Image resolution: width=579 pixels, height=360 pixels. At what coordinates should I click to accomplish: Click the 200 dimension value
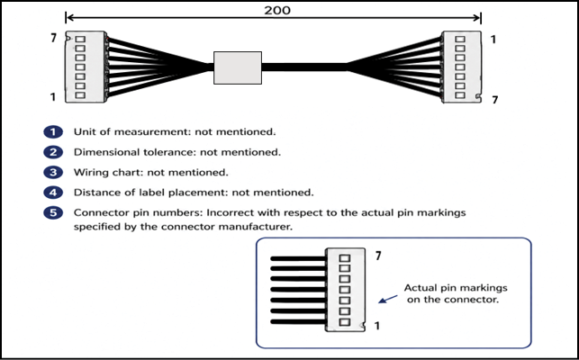[277, 10]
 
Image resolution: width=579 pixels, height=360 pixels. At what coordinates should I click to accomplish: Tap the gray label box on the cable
[238, 67]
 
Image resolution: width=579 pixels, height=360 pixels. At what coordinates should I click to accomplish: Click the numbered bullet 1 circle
[53, 132]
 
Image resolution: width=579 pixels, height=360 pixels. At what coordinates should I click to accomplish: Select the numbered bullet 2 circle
[53, 152]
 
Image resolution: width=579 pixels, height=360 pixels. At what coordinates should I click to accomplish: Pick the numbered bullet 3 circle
[53, 173]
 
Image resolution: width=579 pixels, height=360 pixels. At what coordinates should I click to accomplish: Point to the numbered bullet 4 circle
[53, 193]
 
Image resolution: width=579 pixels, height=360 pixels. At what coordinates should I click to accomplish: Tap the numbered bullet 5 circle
[53, 212]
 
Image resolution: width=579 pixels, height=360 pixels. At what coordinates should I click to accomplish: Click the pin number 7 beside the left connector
[54, 38]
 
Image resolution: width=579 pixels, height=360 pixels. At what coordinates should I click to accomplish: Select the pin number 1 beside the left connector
[53, 96]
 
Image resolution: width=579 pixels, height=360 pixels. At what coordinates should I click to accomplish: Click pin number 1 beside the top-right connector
[493, 39]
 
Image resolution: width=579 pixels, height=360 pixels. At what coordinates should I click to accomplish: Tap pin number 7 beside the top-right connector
[495, 100]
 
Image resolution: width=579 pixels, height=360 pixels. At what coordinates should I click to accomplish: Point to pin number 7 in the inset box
[378, 256]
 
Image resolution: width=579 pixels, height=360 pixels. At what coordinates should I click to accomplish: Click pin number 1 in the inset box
[377, 326]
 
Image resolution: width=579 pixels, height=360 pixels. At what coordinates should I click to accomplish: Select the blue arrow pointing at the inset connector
[388, 299]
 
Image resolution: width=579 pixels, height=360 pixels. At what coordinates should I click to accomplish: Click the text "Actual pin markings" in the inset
[456, 288]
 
